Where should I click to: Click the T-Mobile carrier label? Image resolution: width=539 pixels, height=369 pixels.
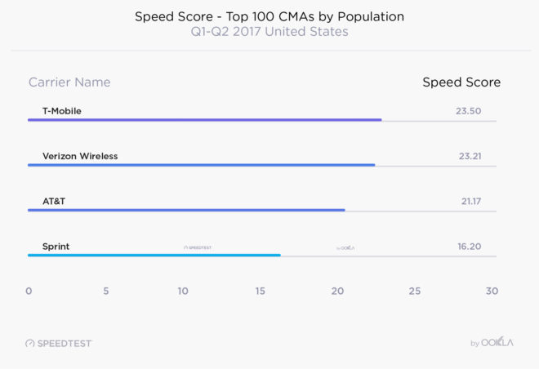point(62,110)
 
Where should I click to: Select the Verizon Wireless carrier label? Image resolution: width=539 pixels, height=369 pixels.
point(85,156)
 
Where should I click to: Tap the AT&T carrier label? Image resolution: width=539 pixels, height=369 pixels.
point(54,201)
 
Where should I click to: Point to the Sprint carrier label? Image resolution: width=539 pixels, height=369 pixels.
point(56,246)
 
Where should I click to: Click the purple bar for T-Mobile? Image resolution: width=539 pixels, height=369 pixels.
point(204,120)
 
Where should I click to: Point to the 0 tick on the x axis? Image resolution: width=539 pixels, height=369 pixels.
point(29,291)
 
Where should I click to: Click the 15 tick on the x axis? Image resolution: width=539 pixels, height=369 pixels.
point(260,291)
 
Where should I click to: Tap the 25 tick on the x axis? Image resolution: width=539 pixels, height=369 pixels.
point(414,291)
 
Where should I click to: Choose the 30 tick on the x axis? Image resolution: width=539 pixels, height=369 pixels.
point(491,291)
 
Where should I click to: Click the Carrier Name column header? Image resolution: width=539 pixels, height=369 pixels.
point(69,82)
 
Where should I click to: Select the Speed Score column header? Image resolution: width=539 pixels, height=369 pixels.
point(461,82)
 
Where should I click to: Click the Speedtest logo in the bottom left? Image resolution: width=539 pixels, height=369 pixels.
point(59,344)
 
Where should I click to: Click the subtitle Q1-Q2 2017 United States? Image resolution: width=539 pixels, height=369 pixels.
point(269,32)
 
